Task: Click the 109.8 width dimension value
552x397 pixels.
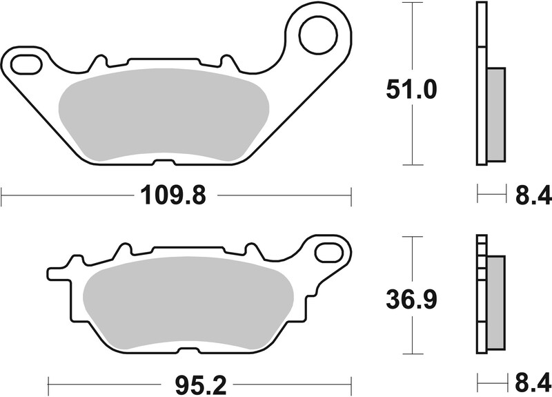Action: pyautogui.click(x=174, y=196)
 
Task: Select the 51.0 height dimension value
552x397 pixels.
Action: pyautogui.click(x=412, y=90)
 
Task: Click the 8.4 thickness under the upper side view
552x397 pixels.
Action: pyautogui.click(x=533, y=196)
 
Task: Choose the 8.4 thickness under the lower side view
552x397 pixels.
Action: pyautogui.click(x=533, y=381)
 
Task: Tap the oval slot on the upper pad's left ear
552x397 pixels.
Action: pyautogui.click(x=25, y=64)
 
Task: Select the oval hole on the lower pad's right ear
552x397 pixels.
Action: pyautogui.click(x=329, y=251)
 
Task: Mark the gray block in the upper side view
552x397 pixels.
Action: pyautogui.click(x=496, y=113)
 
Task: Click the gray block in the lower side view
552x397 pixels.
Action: pyautogui.click(x=495, y=302)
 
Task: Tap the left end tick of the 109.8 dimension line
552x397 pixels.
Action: pyautogui.click(x=1, y=195)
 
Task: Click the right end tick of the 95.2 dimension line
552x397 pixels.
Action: pyautogui.click(x=351, y=381)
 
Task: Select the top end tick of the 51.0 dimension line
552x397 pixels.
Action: pyautogui.click(x=413, y=3)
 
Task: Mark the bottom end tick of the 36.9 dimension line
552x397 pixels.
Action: pyautogui.click(x=413, y=354)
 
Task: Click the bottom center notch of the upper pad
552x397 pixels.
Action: pyautogui.click(x=164, y=163)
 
